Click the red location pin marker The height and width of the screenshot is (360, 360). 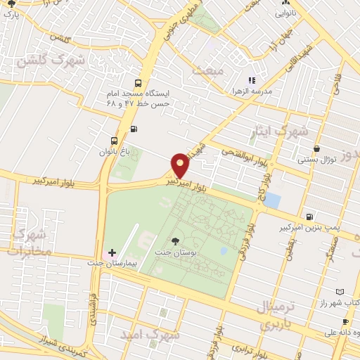pos(181,165)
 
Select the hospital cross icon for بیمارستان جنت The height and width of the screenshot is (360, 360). pos(112,252)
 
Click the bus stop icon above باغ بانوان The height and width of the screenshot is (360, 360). pos(114,139)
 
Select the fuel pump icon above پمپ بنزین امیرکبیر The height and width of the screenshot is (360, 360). pos(310,216)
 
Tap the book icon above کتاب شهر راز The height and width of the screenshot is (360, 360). pos(340,291)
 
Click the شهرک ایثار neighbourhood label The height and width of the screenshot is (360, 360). pos(280,131)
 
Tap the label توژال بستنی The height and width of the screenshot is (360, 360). pos(318,160)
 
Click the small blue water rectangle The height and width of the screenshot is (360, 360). pos(271,200)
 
